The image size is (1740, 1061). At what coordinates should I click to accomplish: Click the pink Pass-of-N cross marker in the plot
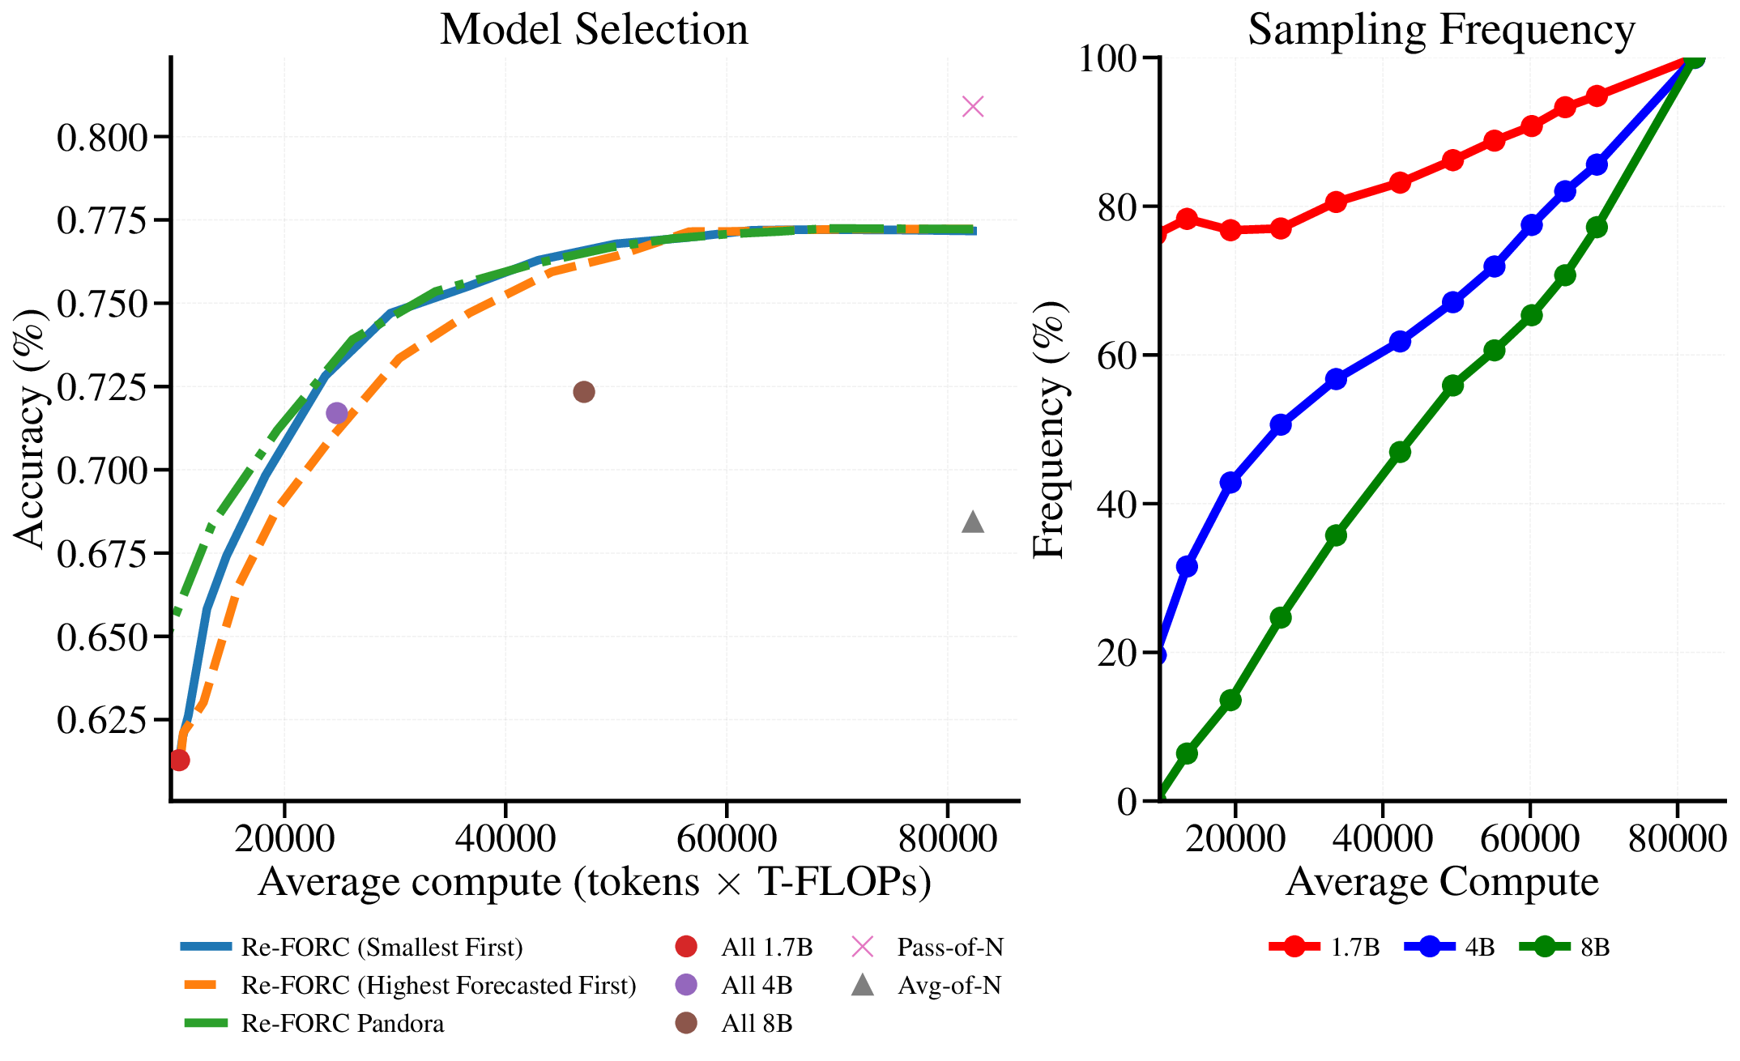point(973,106)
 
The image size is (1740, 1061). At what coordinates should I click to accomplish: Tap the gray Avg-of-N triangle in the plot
point(973,522)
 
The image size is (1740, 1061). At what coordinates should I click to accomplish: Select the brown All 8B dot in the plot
point(584,392)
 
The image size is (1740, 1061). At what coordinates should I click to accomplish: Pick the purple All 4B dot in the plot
point(337,413)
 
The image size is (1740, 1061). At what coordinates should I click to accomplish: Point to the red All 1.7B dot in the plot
point(180,760)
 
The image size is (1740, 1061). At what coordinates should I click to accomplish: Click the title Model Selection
point(594,30)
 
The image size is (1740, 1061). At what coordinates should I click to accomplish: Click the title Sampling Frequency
point(1441,30)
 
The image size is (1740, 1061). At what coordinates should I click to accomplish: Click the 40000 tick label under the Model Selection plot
point(505,839)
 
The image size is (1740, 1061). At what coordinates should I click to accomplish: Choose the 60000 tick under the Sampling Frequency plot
point(1529,839)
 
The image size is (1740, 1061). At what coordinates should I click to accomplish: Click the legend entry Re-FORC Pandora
point(343,1024)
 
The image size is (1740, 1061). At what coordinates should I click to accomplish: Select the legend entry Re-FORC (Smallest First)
point(382,948)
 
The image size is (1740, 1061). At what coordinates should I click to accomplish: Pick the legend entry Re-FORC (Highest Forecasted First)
point(438,986)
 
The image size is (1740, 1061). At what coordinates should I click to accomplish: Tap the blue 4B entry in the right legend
point(1479,947)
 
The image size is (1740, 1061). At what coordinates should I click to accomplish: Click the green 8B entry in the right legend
point(1594,947)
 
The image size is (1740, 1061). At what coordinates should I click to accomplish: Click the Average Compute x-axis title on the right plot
point(1442,882)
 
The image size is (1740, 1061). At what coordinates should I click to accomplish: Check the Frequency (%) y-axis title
point(1050,429)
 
